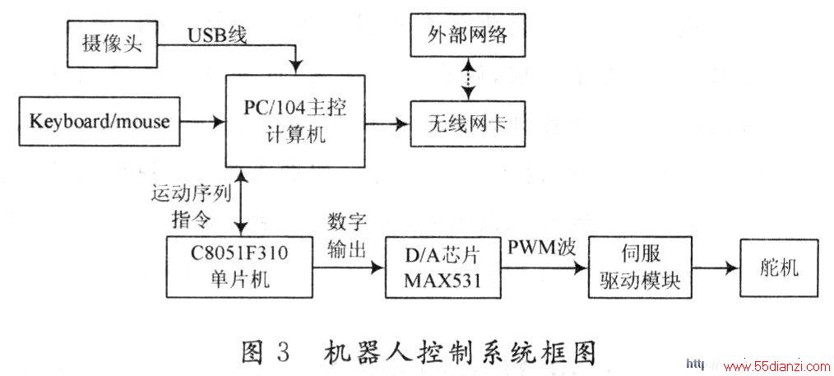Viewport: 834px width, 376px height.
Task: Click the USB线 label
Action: coord(217,35)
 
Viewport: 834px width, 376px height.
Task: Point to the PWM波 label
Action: coord(541,248)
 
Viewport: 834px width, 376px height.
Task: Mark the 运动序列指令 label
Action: coord(191,206)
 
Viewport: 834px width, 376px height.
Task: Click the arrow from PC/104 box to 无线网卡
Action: coord(387,124)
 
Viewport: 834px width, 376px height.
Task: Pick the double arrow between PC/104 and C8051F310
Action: coord(243,202)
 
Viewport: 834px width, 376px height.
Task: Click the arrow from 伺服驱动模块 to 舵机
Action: coord(716,268)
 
